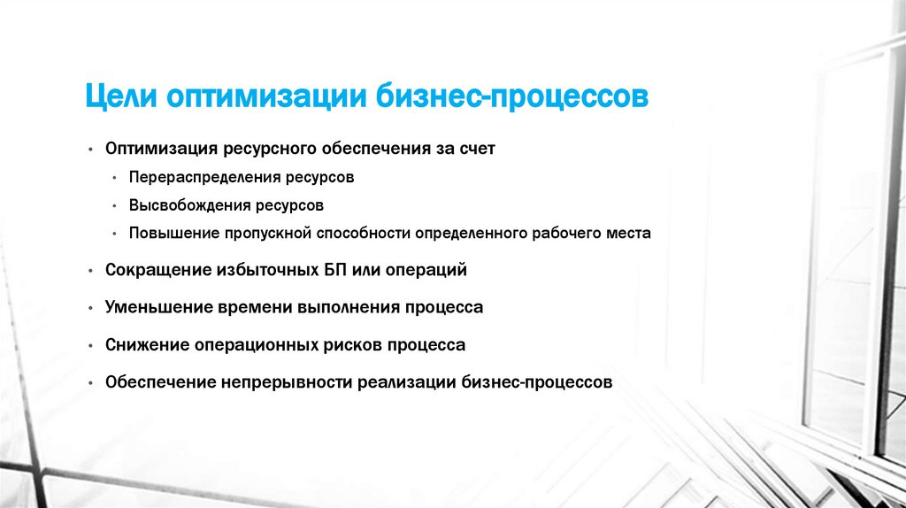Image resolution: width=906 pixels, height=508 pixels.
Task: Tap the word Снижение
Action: (146, 345)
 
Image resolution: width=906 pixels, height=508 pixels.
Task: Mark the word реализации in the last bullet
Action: (406, 382)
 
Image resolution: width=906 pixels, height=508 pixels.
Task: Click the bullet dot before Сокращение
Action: (92, 270)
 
